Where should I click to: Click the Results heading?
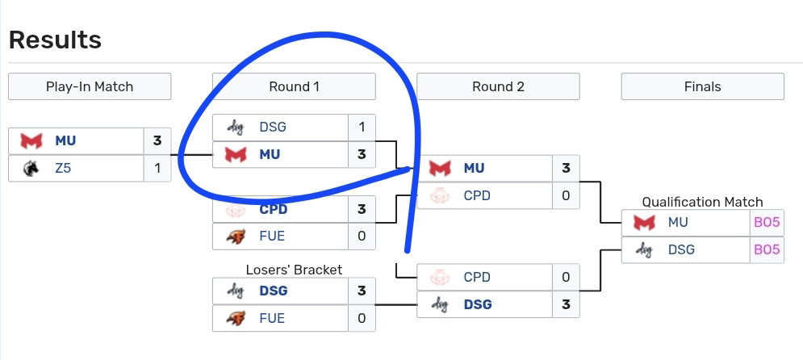(x=56, y=40)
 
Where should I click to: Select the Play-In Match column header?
(x=90, y=86)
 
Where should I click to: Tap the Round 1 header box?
(x=294, y=86)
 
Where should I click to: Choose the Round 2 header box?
(x=498, y=86)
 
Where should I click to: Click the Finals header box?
(x=703, y=86)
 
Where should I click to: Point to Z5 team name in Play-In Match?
(x=63, y=167)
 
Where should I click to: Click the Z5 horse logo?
(x=31, y=167)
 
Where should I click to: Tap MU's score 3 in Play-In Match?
(x=157, y=140)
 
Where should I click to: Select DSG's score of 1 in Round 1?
(x=362, y=127)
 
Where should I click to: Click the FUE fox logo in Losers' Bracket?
(x=236, y=318)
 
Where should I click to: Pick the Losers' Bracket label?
(x=294, y=270)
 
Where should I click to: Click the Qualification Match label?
(x=703, y=202)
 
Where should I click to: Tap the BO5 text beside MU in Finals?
(x=767, y=222)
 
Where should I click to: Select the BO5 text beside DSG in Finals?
(x=767, y=249)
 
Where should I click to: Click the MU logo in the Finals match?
(x=644, y=222)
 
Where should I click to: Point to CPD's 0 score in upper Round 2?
(x=566, y=195)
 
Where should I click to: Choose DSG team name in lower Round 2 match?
(x=478, y=304)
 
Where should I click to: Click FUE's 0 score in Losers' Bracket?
(x=362, y=318)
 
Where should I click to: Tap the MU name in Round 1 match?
(x=270, y=154)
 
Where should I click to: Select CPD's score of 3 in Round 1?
(x=362, y=209)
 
